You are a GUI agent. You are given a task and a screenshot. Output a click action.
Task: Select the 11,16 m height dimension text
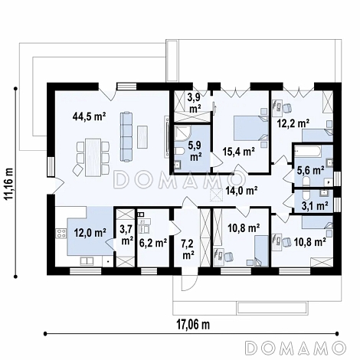coord(10,183)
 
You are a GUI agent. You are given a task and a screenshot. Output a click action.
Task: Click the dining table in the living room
coord(93,157)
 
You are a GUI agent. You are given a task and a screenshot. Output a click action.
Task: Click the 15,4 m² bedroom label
coord(238,152)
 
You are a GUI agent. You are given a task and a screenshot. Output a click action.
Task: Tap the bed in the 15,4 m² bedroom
coord(251,128)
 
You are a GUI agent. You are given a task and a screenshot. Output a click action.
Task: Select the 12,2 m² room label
coord(293,123)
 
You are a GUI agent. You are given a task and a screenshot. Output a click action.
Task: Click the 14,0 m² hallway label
coord(241,190)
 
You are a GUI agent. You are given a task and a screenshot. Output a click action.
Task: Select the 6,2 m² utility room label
coord(153,243)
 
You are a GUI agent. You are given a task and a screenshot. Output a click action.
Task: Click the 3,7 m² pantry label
coord(126,236)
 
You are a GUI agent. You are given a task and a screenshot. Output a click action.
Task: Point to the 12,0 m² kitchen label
coord(90,232)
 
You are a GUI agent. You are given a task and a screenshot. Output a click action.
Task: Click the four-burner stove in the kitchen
coord(61,233)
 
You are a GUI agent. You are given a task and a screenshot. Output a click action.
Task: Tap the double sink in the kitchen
coord(87,261)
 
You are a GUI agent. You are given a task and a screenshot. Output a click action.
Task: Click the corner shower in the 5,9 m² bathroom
coord(182,133)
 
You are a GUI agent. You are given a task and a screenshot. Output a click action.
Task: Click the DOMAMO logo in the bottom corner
coord(296,348)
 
